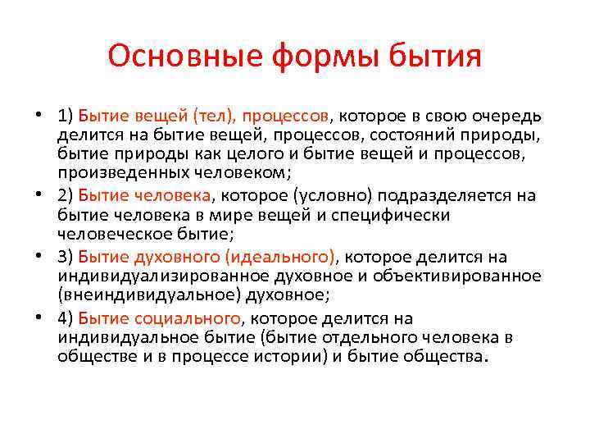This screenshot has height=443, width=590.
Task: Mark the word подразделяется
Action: pyautogui.click(x=431, y=194)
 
